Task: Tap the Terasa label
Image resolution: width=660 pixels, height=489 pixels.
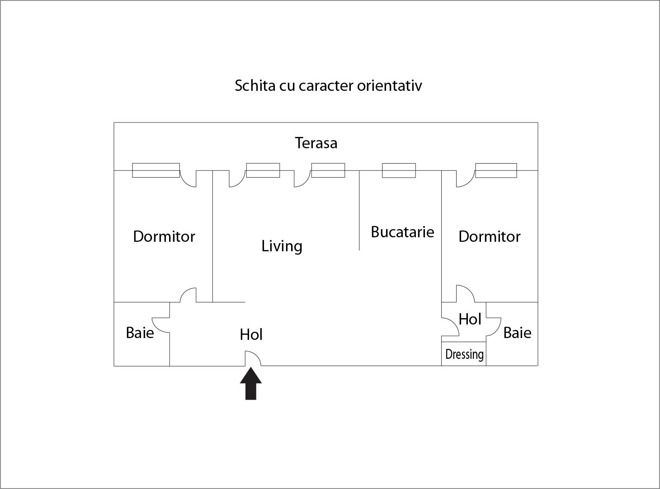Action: [316, 143]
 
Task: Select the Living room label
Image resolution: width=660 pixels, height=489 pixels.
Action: [282, 246]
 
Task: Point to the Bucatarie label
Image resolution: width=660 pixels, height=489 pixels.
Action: [402, 232]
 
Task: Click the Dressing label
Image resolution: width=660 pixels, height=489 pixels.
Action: [464, 354]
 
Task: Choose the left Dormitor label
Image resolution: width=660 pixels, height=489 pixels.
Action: [164, 236]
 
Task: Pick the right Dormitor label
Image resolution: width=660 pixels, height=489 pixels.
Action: [490, 236]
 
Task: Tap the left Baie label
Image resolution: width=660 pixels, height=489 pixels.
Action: [140, 333]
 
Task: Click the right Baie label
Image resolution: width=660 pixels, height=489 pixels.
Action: [517, 333]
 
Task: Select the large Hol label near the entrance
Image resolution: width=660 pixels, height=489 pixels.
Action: [251, 334]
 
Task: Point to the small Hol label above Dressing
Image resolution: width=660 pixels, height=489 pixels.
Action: [470, 320]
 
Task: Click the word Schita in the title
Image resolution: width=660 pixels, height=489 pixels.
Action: [255, 85]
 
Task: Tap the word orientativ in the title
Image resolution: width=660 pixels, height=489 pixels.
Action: [389, 85]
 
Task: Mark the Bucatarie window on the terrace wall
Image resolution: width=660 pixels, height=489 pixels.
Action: [399, 170]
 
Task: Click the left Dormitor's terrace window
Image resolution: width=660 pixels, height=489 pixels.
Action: [156, 170]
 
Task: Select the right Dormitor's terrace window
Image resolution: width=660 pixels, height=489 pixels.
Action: [496, 170]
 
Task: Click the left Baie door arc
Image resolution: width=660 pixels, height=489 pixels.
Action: [160, 324]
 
